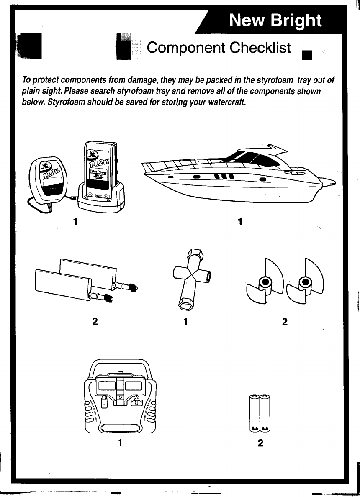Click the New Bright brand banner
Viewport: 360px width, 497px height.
click(275, 20)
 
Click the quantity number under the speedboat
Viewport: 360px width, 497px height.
click(240, 222)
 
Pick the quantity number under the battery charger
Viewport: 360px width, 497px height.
click(75, 221)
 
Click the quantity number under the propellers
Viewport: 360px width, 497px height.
click(285, 322)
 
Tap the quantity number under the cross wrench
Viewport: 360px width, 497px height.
click(186, 322)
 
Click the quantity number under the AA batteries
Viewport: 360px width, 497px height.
click(260, 443)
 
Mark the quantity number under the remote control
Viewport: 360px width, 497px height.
click(120, 443)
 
